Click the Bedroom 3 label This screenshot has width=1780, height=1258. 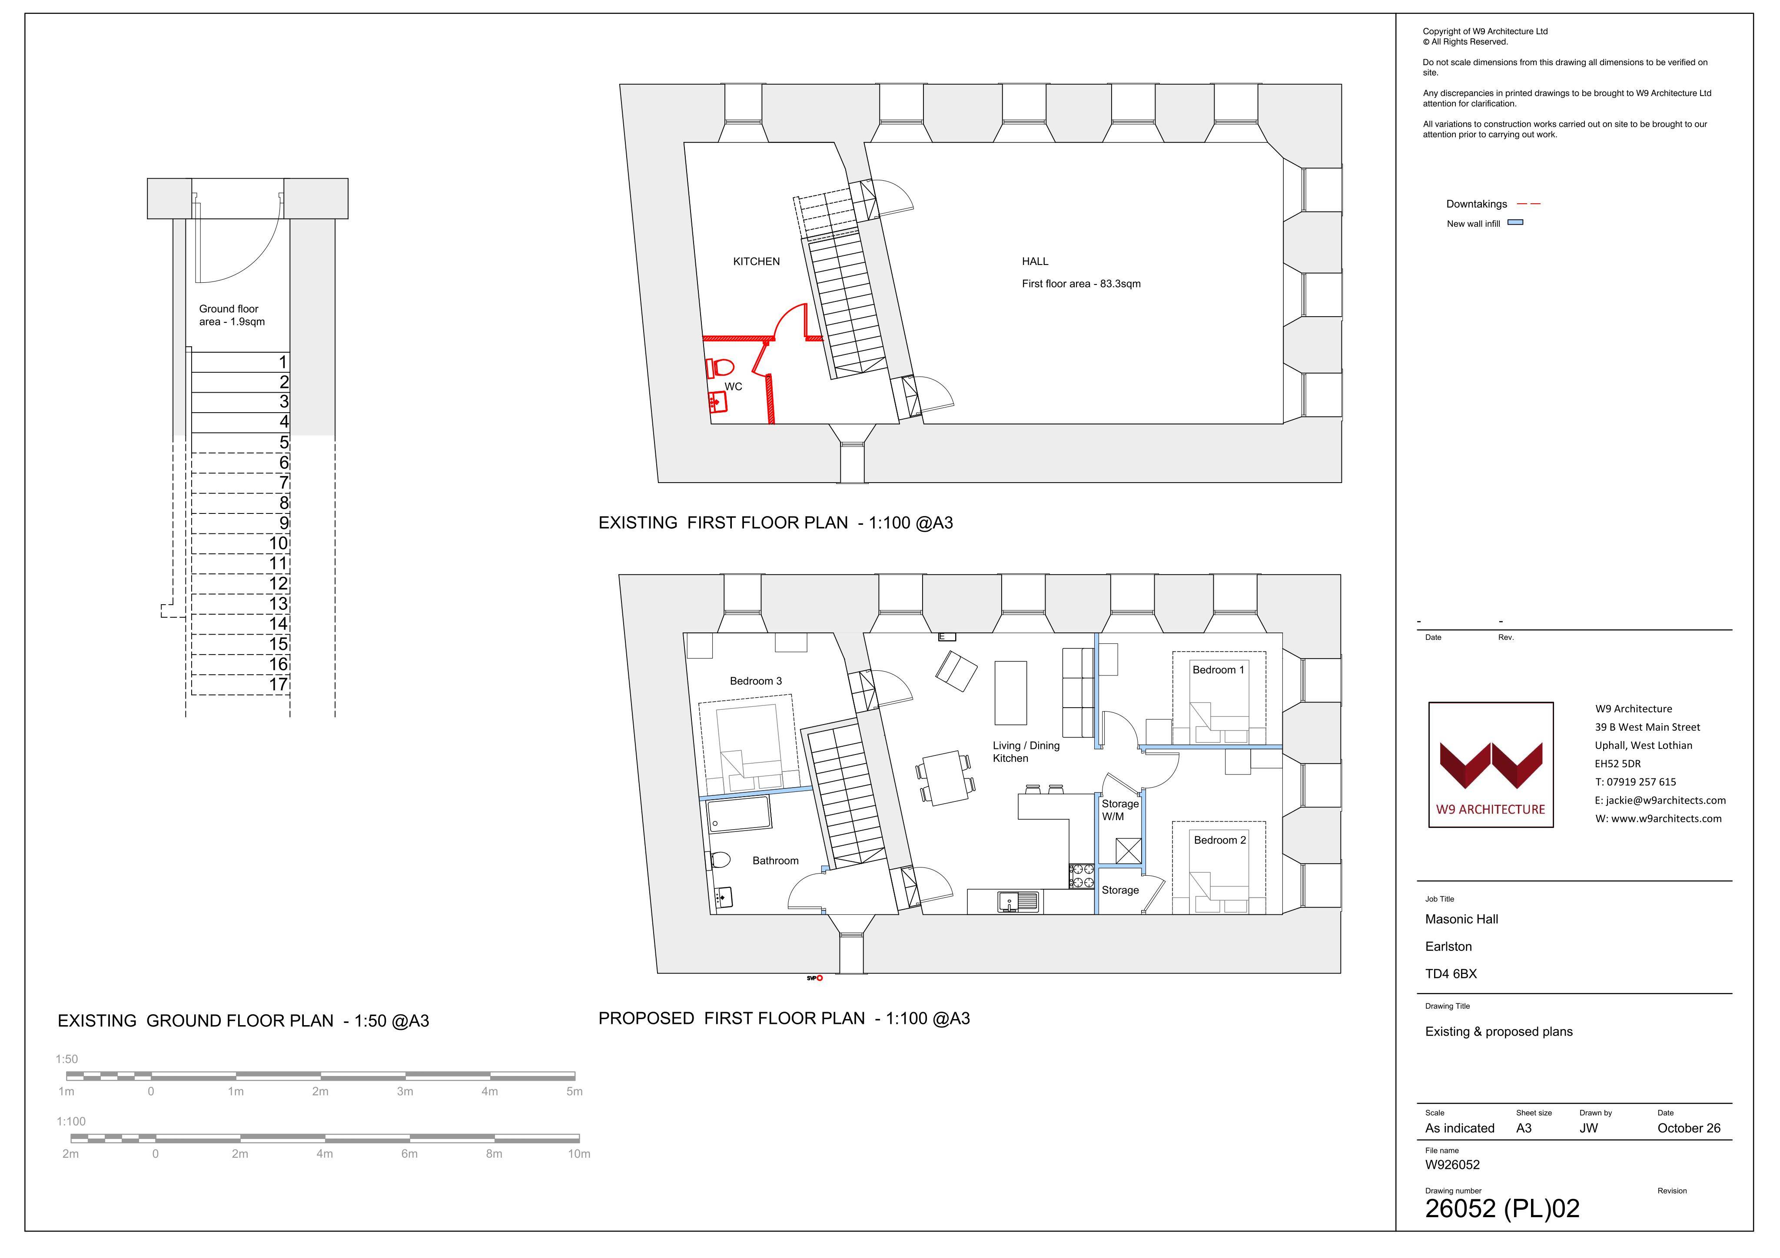tap(756, 681)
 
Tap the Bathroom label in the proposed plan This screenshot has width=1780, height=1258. tap(775, 861)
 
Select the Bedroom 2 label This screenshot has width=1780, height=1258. tap(1219, 840)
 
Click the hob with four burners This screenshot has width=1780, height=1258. tap(1082, 876)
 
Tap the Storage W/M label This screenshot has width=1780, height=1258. tap(1120, 810)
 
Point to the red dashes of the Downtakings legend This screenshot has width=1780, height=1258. tap(1528, 204)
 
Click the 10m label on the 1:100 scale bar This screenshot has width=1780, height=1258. tap(578, 1154)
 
